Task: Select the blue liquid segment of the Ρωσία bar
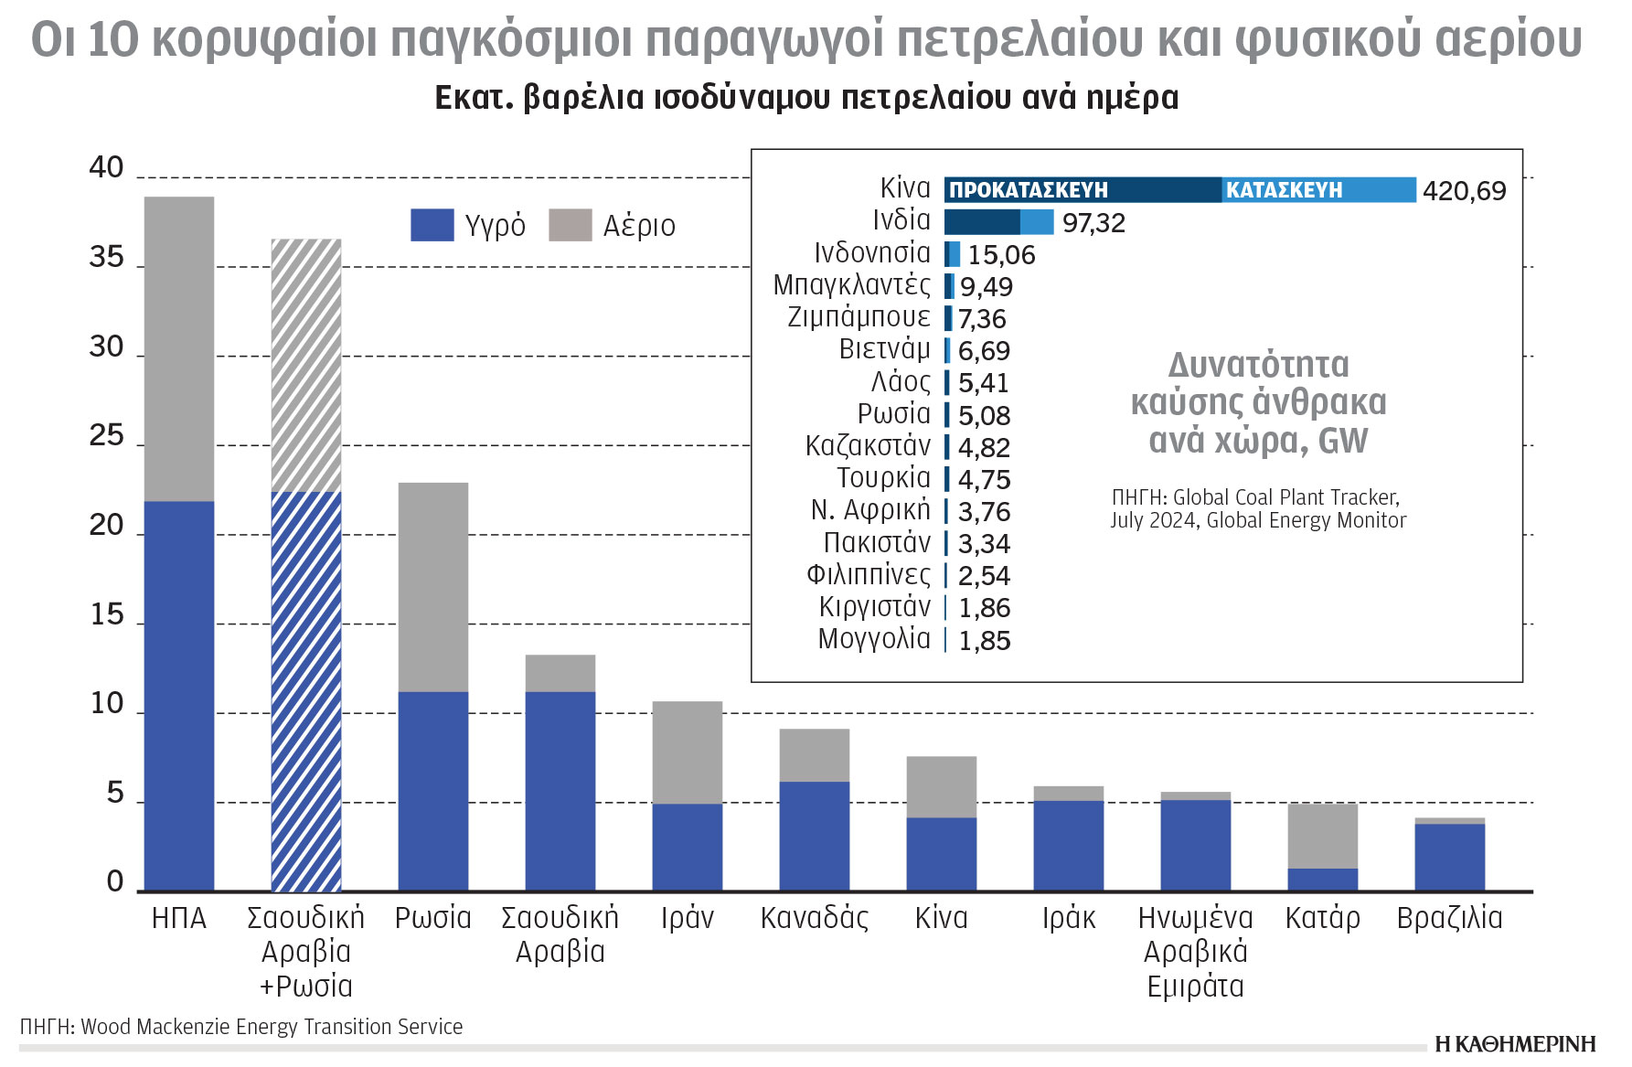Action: point(433,791)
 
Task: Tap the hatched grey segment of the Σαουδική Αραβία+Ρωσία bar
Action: point(306,366)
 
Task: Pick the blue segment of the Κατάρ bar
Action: point(1322,880)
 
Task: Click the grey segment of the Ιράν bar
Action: point(688,752)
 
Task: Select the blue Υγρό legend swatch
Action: point(432,225)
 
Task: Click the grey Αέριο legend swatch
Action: point(570,225)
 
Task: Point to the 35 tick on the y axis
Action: point(106,258)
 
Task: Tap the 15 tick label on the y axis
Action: point(106,615)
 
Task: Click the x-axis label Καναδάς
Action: point(814,918)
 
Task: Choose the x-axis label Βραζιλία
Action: point(1449,918)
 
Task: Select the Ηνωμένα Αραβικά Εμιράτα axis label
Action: point(1195,952)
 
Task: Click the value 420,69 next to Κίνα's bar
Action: point(1464,191)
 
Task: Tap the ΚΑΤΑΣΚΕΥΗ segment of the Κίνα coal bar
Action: point(1317,190)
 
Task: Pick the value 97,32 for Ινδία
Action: point(1093,223)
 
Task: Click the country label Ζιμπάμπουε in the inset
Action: point(859,317)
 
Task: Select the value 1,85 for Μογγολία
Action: point(984,641)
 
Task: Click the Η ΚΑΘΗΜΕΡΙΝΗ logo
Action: point(1515,1044)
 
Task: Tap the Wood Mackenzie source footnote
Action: point(241,1027)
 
